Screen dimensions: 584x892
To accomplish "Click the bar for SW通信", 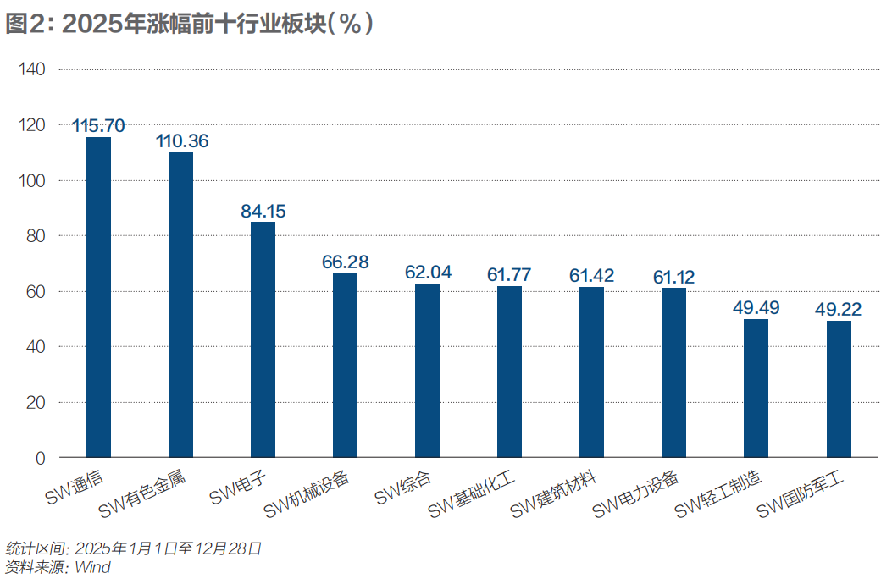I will pyautogui.click(x=98, y=297).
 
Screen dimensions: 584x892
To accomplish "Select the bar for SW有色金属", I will pyautogui.click(x=180, y=305).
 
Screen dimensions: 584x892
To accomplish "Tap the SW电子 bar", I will pyautogui.click(x=263, y=339).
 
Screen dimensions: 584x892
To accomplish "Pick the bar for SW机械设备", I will pyautogui.click(x=345, y=365).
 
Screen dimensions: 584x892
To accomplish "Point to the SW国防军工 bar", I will pyautogui.click(x=839, y=388).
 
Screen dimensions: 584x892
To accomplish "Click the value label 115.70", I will pyautogui.click(x=98, y=126).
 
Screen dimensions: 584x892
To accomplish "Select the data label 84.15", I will pyautogui.click(x=263, y=211).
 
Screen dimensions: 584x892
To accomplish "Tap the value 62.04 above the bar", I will pyautogui.click(x=428, y=273).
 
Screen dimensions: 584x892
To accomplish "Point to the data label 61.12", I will pyautogui.click(x=674, y=277).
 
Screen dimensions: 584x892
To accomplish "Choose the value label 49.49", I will pyautogui.click(x=756, y=307).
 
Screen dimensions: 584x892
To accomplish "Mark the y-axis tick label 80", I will pyautogui.click(x=36, y=236).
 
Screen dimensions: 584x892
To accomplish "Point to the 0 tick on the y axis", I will pyautogui.click(x=40, y=458).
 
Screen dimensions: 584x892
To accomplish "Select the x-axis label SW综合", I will pyautogui.click(x=404, y=488).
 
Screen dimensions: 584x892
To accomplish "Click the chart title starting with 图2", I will pyautogui.click(x=190, y=25).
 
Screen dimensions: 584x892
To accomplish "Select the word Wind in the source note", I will pyautogui.click(x=92, y=567).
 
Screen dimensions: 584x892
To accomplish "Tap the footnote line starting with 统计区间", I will pyautogui.click(x=133, y=548).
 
